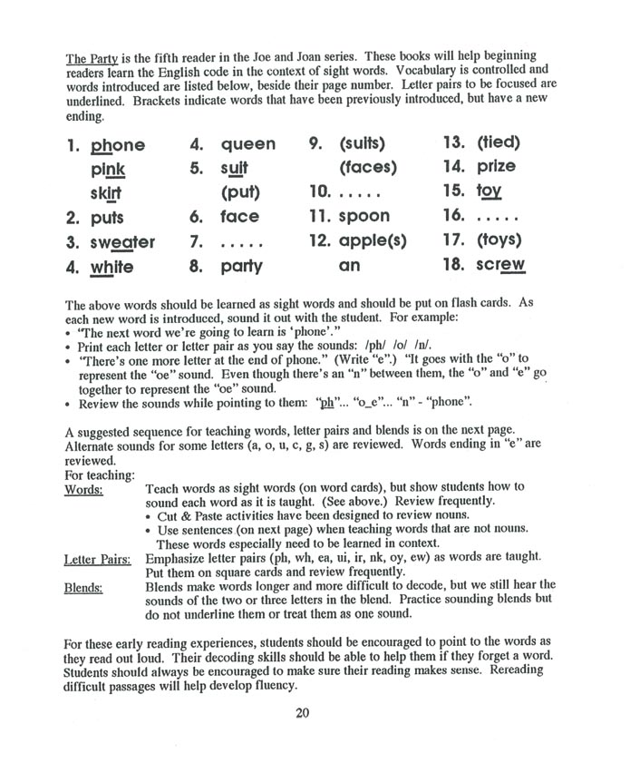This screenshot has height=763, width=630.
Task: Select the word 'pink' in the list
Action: (108, 170)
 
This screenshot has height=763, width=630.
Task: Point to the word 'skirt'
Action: (106, 194)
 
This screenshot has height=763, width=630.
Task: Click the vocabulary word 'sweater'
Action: (122, 243)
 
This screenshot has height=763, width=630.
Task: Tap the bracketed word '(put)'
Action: (240, 192)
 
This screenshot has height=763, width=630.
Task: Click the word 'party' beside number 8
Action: (241, 267)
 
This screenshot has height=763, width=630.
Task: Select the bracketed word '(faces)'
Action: (368, 167)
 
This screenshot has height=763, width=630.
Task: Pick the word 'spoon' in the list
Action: (364, 217)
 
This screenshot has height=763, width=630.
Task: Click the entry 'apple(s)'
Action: (373, 242)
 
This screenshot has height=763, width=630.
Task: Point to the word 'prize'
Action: (496, 166)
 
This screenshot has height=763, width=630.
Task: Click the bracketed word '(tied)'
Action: (499, 142)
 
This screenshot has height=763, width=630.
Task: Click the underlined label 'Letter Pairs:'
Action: (98, 560)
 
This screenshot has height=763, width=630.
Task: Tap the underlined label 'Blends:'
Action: (83, 587)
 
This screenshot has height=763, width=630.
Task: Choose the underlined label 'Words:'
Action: (83, 489)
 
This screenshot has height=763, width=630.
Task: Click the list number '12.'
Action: (320, 242)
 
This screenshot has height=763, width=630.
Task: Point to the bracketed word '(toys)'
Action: (499, 241)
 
